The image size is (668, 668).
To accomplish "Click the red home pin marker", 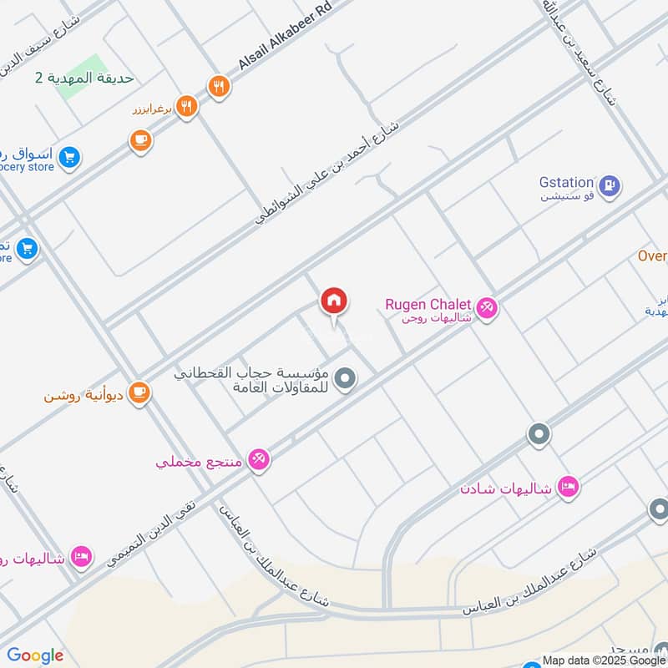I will pyautogui.click(x=334, y=301).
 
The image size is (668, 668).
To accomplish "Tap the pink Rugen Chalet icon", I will pyautogui.click(x=488, y=308).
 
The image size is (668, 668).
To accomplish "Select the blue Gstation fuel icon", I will pyautogui.click(x=610, y=185).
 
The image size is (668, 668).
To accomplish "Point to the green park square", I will pyautogui.click(x=83, y=77).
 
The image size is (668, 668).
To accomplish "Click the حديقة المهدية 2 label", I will pyautogui.click(x=83, y=78).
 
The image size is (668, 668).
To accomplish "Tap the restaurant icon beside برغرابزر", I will pyautogui.click(x=186, y=107).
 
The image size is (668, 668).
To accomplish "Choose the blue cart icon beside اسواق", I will pyautogui.click(x=69, y=155).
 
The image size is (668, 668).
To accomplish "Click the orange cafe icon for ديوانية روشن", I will pyautogui.click(x=139, y=392).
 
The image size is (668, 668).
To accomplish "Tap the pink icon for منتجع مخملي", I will pyautogui.click(x=259, y=458).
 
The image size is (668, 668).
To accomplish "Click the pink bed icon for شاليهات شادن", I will pyautogui.click(x=569, y=486).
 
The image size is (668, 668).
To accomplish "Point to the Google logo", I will pyautogui.click(x=35, y=655).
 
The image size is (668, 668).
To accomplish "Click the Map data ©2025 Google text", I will pyautogui.click(x=604, y=660).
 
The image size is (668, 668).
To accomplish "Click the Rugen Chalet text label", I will pyautogui.click(x=428, y=304).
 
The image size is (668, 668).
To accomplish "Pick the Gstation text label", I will pyautogui.click(x=566, y=182).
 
